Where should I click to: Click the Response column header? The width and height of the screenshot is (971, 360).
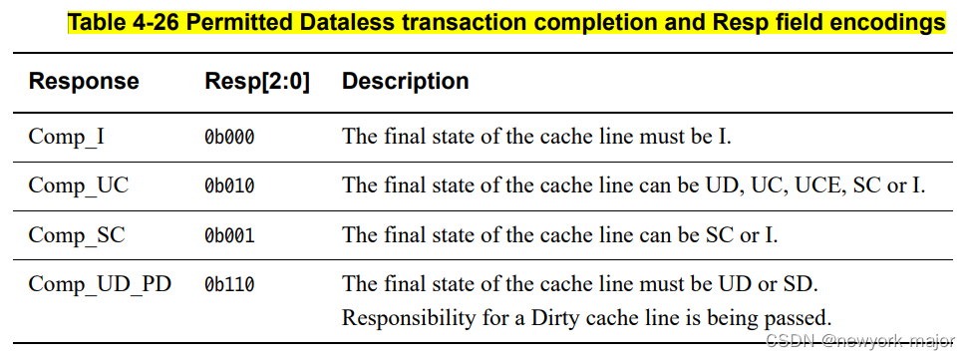coord(84,81)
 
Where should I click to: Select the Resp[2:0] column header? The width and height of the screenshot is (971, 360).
coord(256,81)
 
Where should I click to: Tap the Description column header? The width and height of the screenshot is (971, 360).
coord(405,81)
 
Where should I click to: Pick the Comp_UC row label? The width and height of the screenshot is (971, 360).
coord(78,185)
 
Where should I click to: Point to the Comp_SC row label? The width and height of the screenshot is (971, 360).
coord(77,235)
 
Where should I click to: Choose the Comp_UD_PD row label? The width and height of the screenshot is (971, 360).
coord(100,285)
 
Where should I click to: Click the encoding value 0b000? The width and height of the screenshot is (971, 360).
coord(229,137)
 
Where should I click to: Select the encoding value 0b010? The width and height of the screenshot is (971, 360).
coord(229,186)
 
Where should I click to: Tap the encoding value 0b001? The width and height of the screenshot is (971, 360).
coord(229,236)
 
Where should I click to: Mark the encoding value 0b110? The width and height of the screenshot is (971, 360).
coord(229,286)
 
